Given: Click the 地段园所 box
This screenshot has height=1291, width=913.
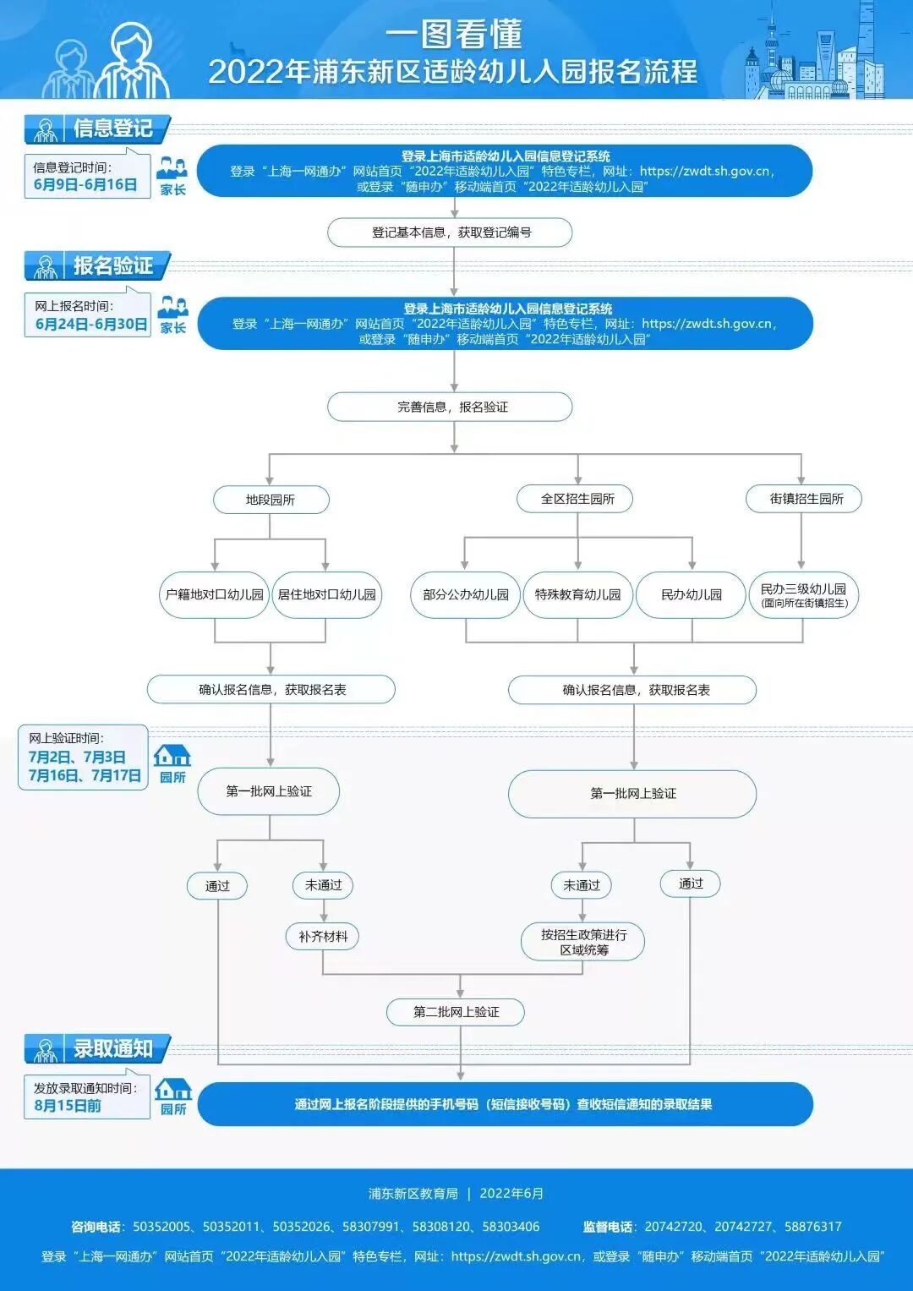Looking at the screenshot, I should (271, 500).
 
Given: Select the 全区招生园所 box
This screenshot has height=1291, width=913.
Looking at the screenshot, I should (577, 499).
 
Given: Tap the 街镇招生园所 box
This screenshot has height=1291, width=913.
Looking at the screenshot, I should (804, 499).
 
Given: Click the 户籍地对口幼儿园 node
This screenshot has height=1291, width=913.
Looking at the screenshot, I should (215, 594).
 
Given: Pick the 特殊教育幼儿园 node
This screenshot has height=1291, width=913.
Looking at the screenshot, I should (577, 594).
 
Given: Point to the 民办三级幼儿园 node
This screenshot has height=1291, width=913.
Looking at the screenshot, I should (804, 594).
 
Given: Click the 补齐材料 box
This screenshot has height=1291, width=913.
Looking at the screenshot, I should (323, 937).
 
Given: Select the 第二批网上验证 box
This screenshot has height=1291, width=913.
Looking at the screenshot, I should (456, 1012).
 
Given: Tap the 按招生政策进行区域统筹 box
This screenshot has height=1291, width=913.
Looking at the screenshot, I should (583, 942).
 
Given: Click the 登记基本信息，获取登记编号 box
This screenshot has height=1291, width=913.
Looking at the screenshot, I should (451, 232).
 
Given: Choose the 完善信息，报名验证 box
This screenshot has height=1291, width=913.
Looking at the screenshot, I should (451, 407).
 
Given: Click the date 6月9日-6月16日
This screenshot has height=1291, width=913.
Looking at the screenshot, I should (85, 184).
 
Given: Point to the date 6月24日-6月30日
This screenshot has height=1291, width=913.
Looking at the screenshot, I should (90, 324).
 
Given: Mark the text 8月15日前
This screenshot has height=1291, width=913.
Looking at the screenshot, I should (68, 1106).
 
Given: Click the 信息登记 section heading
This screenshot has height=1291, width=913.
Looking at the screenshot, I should (112, 129).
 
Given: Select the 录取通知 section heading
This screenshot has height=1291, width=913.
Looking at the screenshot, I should (112, 1049).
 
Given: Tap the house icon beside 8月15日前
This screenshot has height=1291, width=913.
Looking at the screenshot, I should (173, 1090).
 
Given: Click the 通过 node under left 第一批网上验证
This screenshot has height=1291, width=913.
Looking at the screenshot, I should (217, 886).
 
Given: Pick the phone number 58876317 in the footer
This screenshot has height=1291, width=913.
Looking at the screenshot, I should (812, 1227).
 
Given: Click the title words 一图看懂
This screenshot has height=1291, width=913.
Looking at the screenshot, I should (454, 35).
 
